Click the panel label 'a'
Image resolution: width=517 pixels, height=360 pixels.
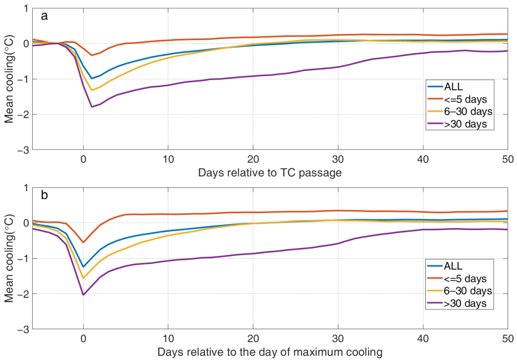pyautogui.click(x=44, y=16)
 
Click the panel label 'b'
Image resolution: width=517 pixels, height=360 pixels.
pyautogui.click(x=44, y=195)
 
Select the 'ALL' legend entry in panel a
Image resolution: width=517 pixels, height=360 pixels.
pyautogui.click(x=453, y=86)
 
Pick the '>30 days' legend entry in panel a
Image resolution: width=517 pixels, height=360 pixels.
pyautogui.click(x=465, y=124)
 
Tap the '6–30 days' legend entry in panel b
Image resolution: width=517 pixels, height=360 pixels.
pyautogui.click(x=468, y=291)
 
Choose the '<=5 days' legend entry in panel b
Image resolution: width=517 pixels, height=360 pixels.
pyautogui.click(x=465, y=279)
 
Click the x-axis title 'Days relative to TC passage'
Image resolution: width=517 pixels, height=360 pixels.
pyautogui.click(x=270, y=172)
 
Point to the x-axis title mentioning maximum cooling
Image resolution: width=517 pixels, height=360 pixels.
pyautogui.click(x=270, y=352)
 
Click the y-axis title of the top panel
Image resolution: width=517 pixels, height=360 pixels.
pyautogui.click(x=9, y=79)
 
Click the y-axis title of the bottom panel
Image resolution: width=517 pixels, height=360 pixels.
pyautogui.click(x=9, y=258)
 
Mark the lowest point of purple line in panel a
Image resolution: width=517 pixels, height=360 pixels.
pyautogui.click(x=92, y=107)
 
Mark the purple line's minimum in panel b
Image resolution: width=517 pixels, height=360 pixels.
pyautogui.click(x=83, y=295)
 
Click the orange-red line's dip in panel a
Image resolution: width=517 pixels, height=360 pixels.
pyautogui.click(x=92, y=55)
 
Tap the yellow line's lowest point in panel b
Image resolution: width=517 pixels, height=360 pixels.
pyautogui.click(x=83, y=278)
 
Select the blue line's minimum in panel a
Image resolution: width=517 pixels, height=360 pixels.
pyautogui.click(x=92, y=78)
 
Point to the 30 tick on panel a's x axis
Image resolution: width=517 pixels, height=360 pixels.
pyautogui.click(x=338, y=159)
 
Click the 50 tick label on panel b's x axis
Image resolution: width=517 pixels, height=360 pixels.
pyautogui.click(x=507, y=339)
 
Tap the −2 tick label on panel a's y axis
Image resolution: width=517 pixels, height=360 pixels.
pyautogui.click(x=23, y=114)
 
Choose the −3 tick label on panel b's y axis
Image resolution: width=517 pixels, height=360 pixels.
pyautogui.click(x=23, y=329)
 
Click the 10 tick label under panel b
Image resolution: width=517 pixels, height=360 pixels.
pyautogui.click(x=168, y=339)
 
